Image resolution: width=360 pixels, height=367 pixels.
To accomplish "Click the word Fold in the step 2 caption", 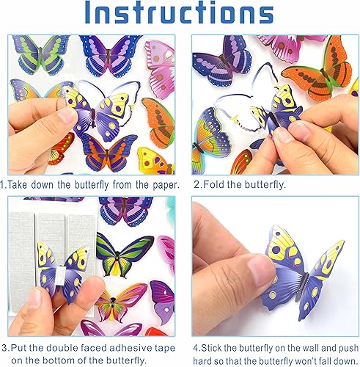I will [219, 186].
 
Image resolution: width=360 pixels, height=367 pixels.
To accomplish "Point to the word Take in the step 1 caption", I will [22, 186].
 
